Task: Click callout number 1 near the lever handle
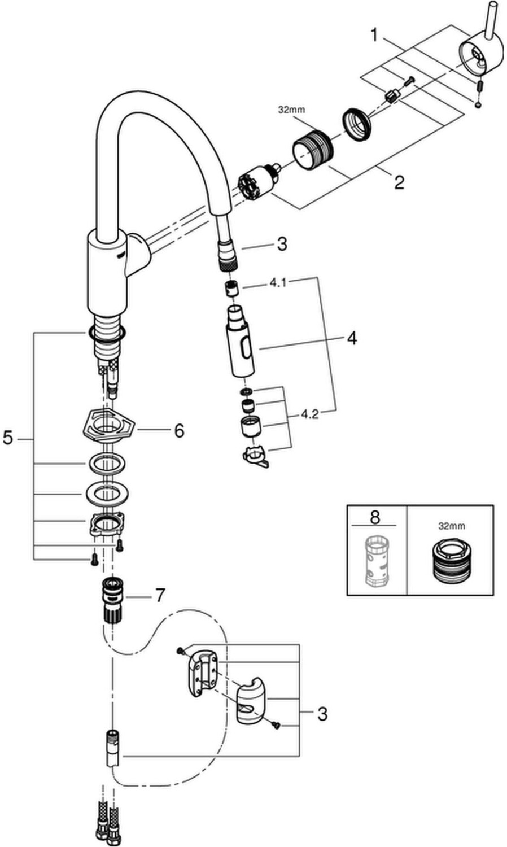(374, 35)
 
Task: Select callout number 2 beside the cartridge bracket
(399, 182)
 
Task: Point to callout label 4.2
(309, 414)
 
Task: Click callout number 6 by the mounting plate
(178, 431)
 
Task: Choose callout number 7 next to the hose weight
(160, 595)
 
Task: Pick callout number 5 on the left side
(8, 437)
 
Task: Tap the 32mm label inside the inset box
(452, 526)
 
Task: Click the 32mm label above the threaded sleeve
(291, 110)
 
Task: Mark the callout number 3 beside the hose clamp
(322, 714)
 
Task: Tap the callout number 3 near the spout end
(282, 244)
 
